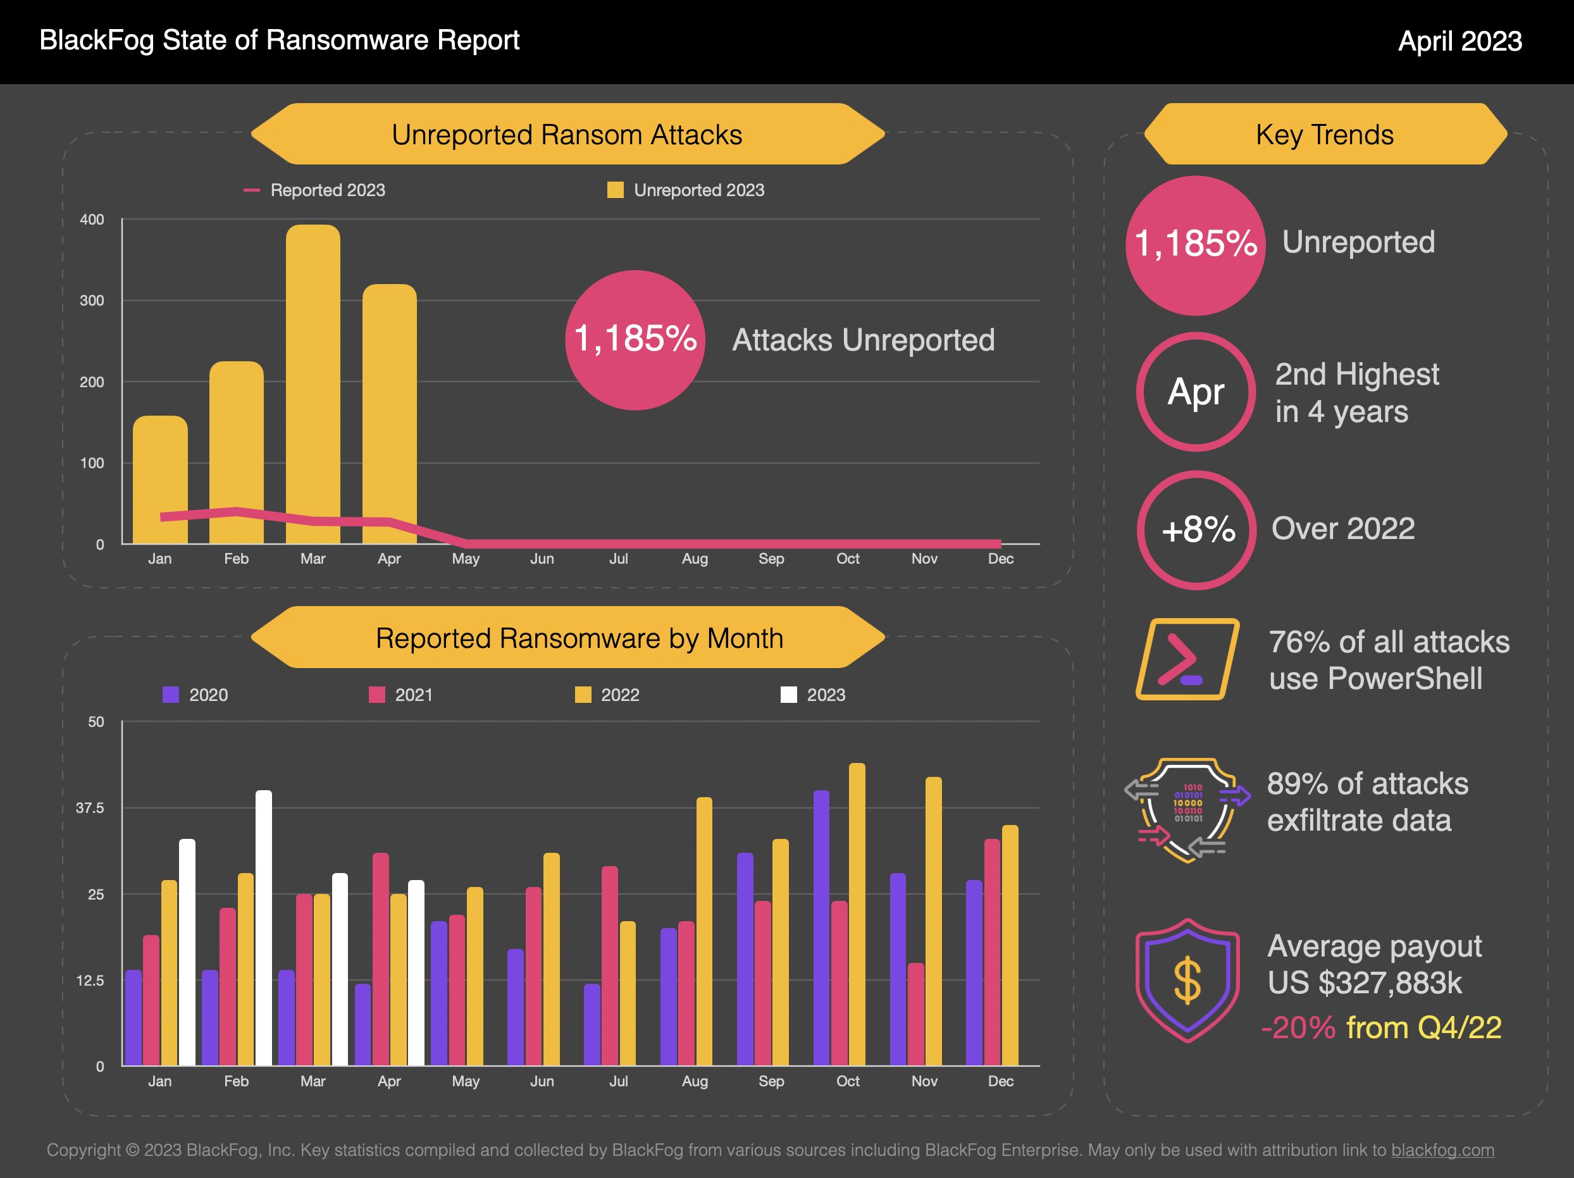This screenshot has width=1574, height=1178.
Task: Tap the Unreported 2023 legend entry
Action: tap(686, 190)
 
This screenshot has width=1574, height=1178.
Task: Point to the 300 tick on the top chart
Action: tap(92, 301)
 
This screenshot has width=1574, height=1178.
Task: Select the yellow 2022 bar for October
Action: tap(857, 914)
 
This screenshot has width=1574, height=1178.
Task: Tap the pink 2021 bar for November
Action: tap(916, 1014)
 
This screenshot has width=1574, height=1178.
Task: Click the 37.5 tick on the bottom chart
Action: tap(90, 808)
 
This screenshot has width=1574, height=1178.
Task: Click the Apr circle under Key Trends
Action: tap(1196, 392)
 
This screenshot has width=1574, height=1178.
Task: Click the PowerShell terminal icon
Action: tap(1186, 659)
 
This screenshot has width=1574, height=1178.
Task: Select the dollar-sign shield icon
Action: tap(1187, 981)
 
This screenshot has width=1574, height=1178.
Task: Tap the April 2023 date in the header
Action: tap(1459, 41)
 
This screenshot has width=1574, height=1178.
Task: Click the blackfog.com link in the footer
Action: tap(1442, 1150)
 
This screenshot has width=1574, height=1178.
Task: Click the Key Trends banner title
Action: tap(1324, 135)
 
